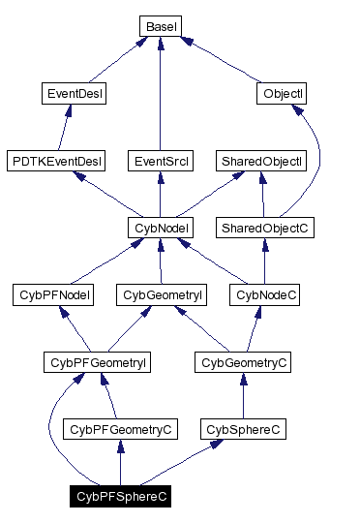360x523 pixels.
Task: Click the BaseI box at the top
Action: (x=160, y=26)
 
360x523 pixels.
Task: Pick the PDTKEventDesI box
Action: (x=55, y=160)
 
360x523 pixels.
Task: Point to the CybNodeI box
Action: (x=161, y=228)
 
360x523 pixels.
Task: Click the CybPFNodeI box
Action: (x=55, y=294)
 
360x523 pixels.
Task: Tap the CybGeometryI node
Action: (x=161, y=294)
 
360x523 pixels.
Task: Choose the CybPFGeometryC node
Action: (x=118, y=428)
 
